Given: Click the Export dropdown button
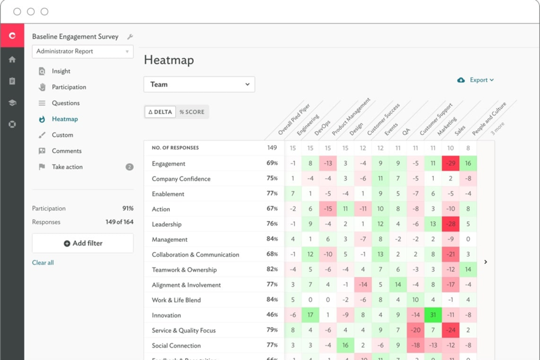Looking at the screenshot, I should tap(476, 80).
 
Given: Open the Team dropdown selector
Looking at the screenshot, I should tap(199, 85).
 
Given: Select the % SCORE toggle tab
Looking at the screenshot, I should tap(192, 112).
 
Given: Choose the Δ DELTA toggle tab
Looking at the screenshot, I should tap(160, 112).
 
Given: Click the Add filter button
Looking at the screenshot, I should tap(83, 244).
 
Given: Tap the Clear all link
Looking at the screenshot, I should tap(43, 263).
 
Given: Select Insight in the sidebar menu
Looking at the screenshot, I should tap(61, 71).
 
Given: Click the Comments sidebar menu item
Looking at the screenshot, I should tap(67, 151).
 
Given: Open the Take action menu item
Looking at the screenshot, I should tap(67, 167).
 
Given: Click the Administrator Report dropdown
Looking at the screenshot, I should tap(83, 52).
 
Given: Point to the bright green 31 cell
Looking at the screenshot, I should tap(433, 315).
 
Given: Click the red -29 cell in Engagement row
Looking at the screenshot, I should tap(450, 163).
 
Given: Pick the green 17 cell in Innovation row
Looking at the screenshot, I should tap(310, 315).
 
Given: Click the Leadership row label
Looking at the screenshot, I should tap(167, 224).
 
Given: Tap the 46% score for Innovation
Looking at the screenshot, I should tap(272, 315).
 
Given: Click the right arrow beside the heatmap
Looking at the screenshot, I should tap(485, 262).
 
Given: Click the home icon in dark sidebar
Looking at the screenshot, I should tap(12, 60).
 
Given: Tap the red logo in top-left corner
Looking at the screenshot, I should tap(12, 36).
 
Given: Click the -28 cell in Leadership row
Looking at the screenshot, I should tap(450, 224).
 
